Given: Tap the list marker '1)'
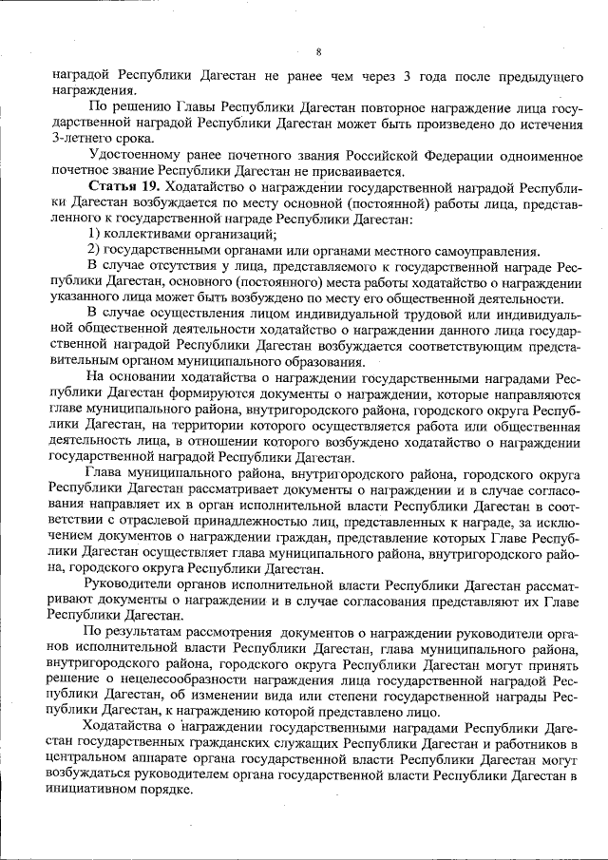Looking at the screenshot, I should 95,235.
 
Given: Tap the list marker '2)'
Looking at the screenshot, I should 95,250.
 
